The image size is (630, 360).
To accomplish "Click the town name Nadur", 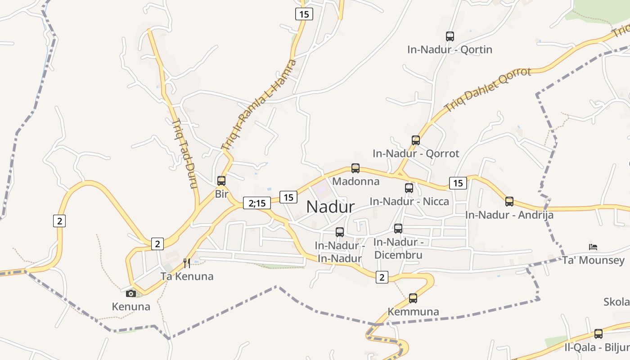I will click(330, 207).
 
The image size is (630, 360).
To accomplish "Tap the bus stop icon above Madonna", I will click(355, 168).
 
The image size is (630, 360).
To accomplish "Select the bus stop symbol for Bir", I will click(221, 181).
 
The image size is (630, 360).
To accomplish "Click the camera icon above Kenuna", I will click(131, 293).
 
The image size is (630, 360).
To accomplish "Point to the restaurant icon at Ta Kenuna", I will click(187, 263).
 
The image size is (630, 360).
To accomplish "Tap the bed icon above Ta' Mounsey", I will click(593, 247).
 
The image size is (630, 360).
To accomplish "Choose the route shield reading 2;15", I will click(256, 203).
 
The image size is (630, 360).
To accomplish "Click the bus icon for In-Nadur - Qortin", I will click(450, 36).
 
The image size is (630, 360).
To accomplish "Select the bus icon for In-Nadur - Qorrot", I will click(416, 140).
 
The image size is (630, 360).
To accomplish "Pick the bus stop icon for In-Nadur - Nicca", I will click(409, 188).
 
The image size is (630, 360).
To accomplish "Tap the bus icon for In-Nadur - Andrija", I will click(509, 202).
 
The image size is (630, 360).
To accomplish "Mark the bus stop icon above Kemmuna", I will click(413, 298).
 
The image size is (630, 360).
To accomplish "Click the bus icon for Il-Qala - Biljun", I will click(598, 334).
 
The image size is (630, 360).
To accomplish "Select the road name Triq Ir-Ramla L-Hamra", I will click(260, 104).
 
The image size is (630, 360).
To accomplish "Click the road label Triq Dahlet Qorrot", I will click(487, 90).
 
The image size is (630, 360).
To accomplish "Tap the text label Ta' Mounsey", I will click(593, 260).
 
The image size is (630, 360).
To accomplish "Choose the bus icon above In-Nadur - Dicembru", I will click(398, 229).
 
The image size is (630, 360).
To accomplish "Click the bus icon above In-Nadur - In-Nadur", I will click(340, 232).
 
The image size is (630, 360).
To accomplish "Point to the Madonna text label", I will click(355, 181).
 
